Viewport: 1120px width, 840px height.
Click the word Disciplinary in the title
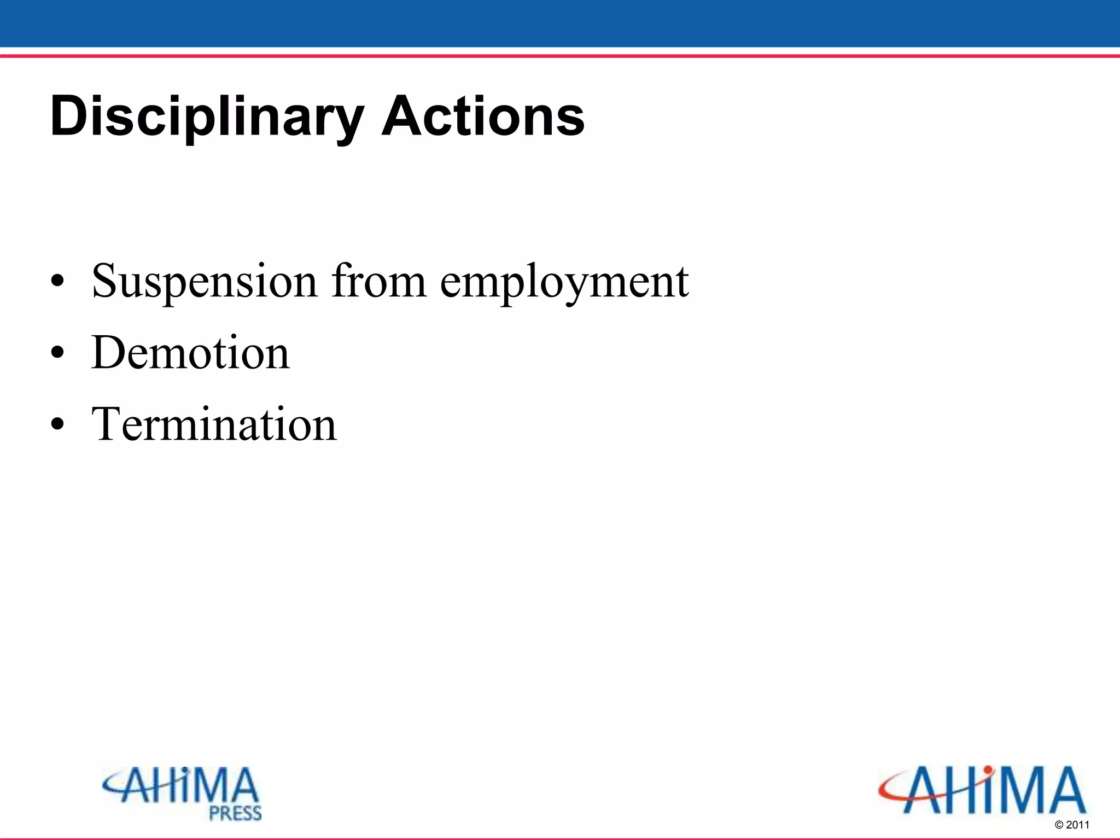pyautogui.click(x=207, y=116)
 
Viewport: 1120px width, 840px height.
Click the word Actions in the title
pyautogui.click(x=483, y=116)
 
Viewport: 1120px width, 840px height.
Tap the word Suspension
pyautogui.click(x=204, y=281)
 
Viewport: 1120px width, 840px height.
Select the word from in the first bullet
pyautogui.click(x=379, y=281)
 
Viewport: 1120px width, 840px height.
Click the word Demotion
pyautogui.click(x=190, y=353)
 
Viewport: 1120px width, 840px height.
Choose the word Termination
pyautogui.click(x=214, y=424)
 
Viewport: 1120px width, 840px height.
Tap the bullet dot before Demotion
pyautogui.click(x=57, y=354)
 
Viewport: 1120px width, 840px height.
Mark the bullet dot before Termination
pyautogui.click(x=57, y=425)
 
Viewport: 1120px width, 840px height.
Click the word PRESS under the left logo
pyautogui.click(x=236, y=813)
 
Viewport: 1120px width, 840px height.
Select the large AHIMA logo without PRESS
pyautogui.click(x=982, y=790)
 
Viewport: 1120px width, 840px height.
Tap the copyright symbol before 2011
pyautogui.click(x=1059, y=825)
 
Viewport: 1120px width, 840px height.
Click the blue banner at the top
pyautogui.click(x=560, y=23)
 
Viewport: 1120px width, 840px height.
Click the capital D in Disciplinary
pyautogui.click(x=68, y=116)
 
